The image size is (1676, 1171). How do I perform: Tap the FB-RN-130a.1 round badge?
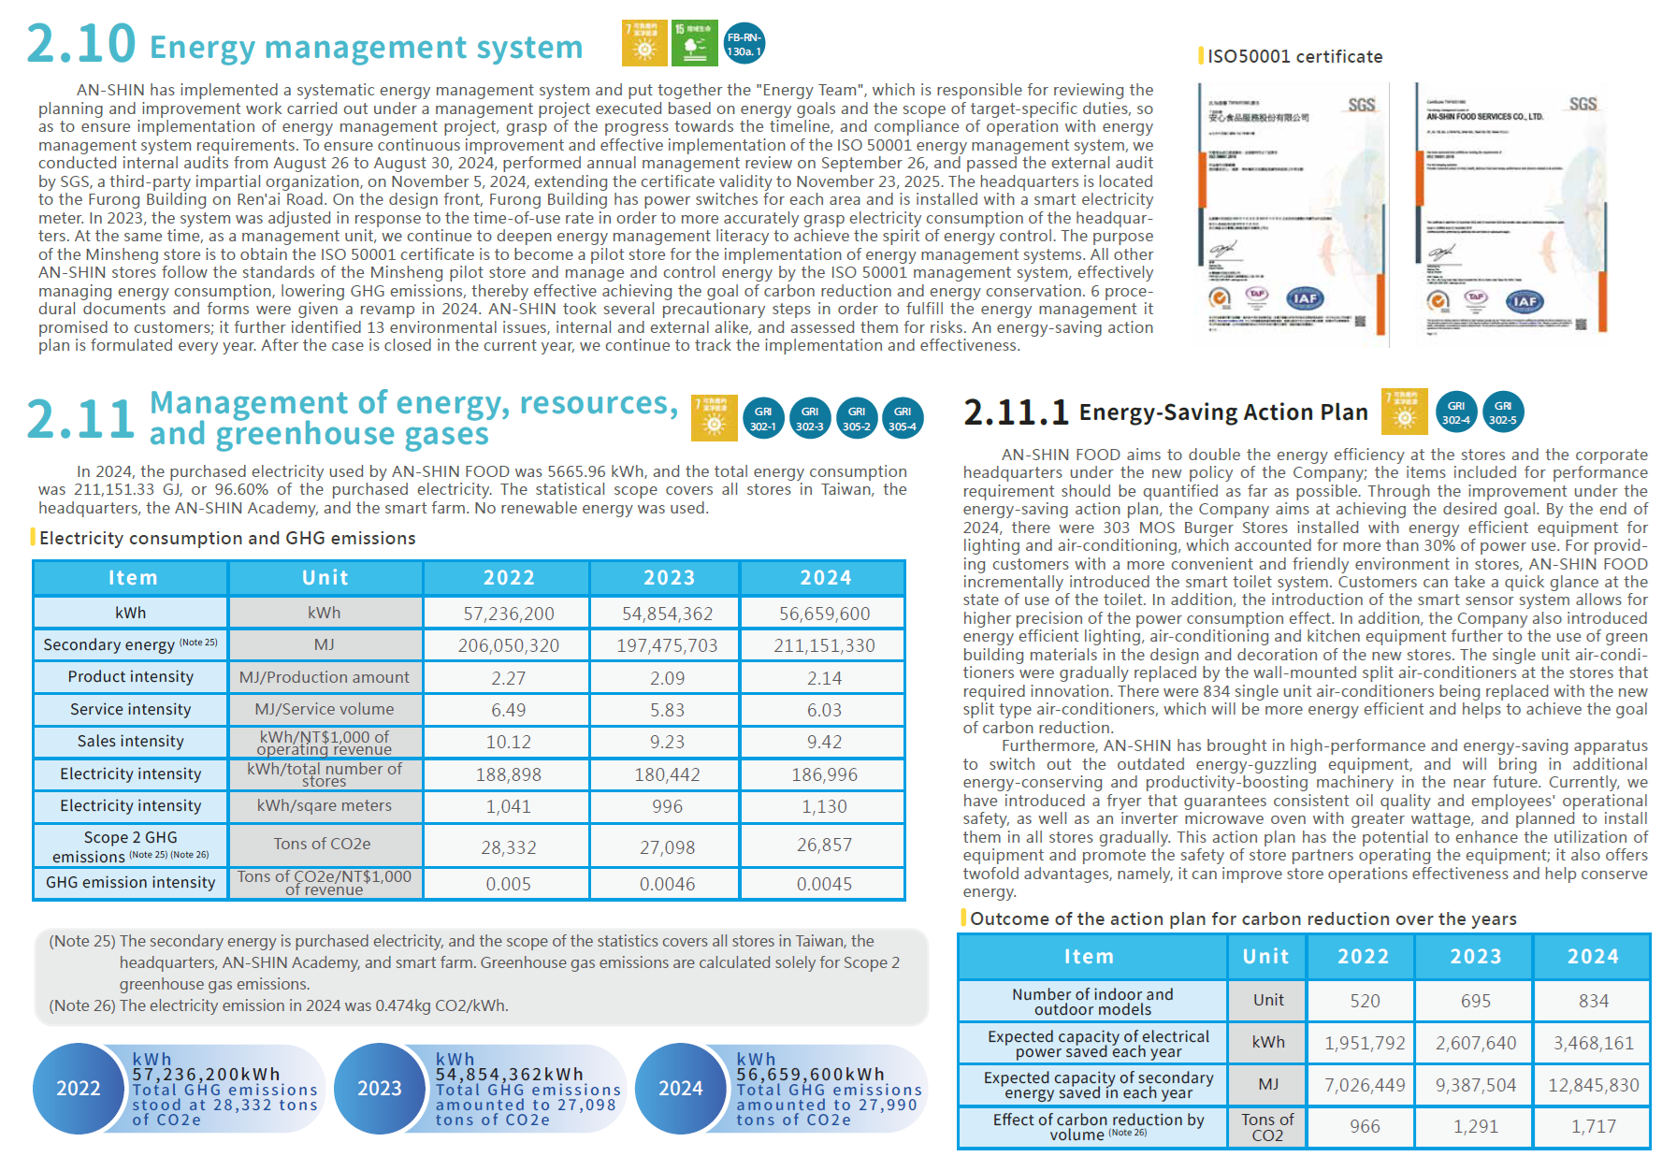[744, 44]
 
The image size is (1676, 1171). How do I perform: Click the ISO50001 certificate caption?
[1294, 57]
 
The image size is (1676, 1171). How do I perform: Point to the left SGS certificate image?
[1292, 210]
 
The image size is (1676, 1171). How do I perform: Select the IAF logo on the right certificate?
[1524, 301]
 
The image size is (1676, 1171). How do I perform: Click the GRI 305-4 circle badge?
[903, 418]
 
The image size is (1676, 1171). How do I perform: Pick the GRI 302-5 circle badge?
[1503, 412]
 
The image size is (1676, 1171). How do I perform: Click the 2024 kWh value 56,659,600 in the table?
[824, 614]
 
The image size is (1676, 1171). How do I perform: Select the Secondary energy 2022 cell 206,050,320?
[508, 645]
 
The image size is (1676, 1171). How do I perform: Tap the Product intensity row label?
[131, 677]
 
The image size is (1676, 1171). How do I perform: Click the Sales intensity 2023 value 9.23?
[667, 742]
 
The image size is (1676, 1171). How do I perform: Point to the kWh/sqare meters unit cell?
[325, 806]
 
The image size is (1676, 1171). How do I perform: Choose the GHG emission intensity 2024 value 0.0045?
[824, 884]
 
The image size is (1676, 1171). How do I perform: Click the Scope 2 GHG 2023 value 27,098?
[667, 847]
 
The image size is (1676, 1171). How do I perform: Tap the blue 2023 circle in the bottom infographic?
[379, 1088]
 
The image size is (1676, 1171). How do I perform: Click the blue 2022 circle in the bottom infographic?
[79, 1088]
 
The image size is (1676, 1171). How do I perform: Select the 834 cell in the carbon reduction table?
[1593, 1001]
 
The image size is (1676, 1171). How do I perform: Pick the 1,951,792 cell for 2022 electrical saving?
[1365, 1043]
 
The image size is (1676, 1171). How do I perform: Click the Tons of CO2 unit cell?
[1267, 1127]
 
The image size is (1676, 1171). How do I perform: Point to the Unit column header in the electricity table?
[325, 578]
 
